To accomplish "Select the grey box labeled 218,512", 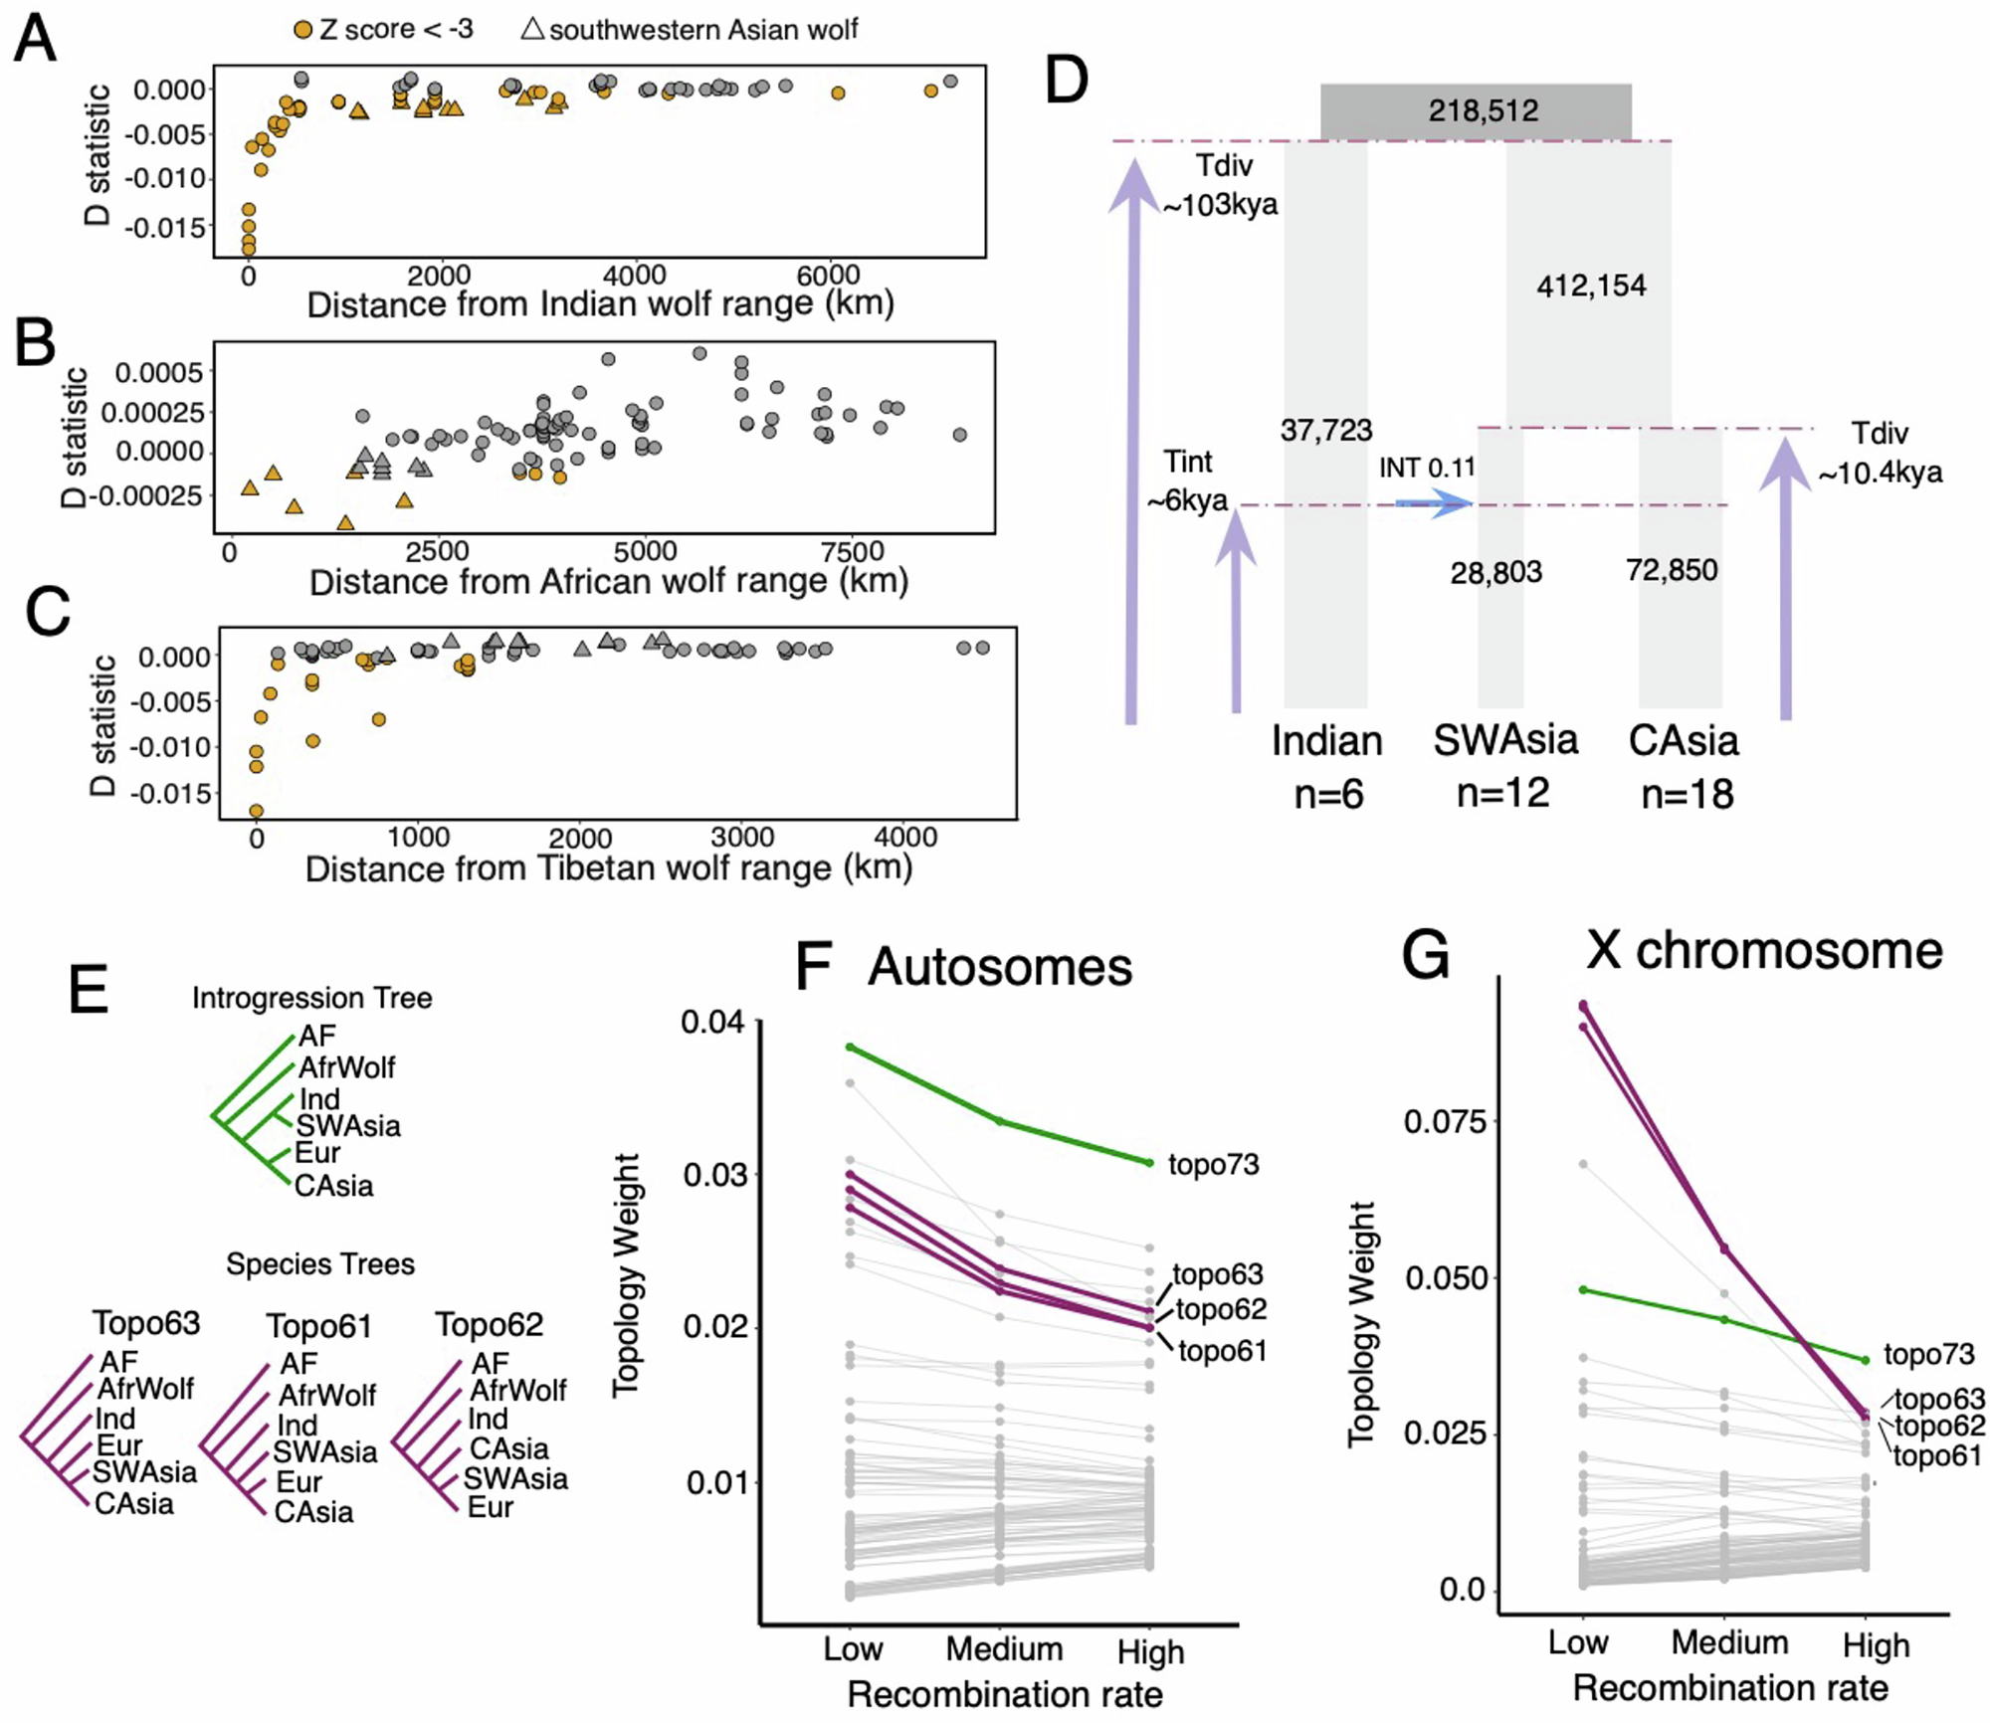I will point(1475,110).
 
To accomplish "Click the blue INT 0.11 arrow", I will point(1433,503).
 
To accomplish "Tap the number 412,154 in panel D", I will point(1590,287).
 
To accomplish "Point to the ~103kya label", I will point(1220,205).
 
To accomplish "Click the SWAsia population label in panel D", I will point(1504,740).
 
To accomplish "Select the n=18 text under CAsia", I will point(1687,794).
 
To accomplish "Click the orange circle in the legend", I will point(302,30).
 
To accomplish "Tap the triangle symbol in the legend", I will point(532,29).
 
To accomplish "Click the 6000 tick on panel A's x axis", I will point(828,276).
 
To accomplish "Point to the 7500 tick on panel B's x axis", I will point(852,551).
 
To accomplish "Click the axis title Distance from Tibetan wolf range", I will point(608,868).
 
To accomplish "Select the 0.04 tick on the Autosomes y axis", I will point(712,1022).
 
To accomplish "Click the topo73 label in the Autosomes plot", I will point(1213,1164).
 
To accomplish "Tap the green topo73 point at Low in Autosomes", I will point(851,1047).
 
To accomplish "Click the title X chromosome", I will point(1763,950).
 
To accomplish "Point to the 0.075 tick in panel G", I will point(1444,1122).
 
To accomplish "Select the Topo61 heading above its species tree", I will point(318,1326).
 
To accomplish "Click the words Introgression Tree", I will point(311,998).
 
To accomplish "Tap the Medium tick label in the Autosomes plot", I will point(1003,1648).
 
